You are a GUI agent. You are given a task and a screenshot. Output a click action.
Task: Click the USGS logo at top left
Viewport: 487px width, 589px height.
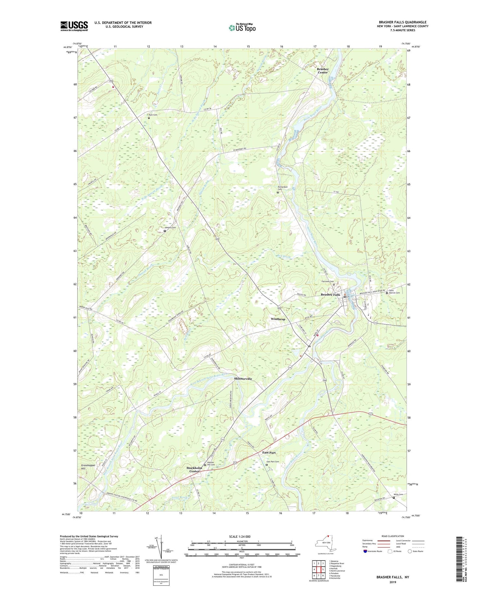coord(74,26)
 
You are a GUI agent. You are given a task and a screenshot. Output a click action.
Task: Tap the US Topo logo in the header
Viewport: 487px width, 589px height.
coord(242,28)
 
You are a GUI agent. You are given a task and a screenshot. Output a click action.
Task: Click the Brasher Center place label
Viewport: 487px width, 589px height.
coord(323,70)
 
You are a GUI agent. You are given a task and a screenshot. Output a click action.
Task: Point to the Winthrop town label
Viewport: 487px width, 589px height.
coord(278,319)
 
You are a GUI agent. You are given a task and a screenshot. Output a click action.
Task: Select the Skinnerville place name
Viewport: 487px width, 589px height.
coord(243,379)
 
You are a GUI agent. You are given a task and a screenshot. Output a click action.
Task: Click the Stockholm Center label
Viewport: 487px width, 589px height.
coord(194,469)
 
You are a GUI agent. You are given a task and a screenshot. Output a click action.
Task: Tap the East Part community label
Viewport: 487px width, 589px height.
coord(269,453)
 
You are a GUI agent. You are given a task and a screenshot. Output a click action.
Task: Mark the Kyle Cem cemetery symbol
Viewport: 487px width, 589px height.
coord(149,118)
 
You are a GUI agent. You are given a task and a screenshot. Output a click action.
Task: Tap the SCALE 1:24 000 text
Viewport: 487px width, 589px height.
coord(242,536)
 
